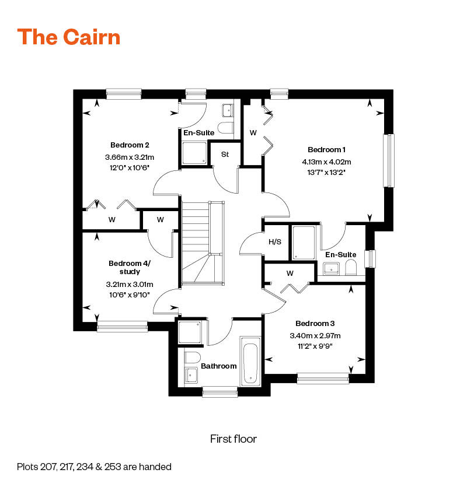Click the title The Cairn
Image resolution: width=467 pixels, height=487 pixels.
[69, 37]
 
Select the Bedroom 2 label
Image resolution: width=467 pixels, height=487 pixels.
[130, 145]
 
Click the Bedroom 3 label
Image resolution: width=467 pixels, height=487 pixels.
[315, 324]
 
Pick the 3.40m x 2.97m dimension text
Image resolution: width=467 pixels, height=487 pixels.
[315, 335]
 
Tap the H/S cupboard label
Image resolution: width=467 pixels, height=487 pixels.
[274, 241]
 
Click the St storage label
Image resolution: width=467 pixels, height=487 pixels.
[225, 155]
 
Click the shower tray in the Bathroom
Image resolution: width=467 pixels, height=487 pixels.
[190, 332]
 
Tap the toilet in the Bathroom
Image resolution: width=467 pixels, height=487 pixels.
[193, 357]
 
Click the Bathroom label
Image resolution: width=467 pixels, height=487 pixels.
[219, 366]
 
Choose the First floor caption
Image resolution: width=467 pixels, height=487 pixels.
[233, 439]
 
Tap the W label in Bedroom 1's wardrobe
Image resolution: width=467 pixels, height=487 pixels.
[253, 133]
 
